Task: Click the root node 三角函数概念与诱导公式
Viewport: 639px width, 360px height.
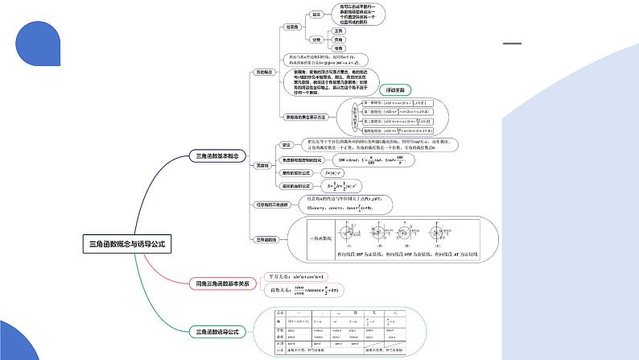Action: coord(130,242)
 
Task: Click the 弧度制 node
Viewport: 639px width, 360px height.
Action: coord(262,166)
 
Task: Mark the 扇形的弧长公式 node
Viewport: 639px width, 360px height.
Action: coord(296,173)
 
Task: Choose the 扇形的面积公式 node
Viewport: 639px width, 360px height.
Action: coord(296,186)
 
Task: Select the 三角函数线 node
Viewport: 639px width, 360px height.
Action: coord(267,239)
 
